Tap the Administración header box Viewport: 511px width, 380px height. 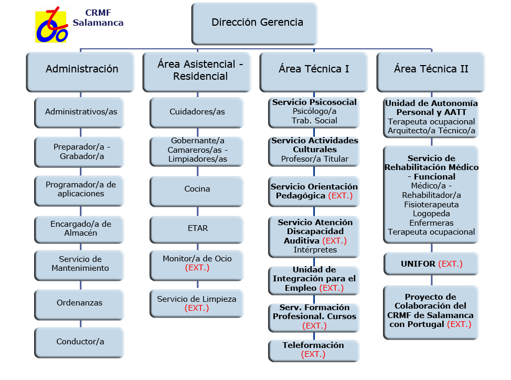point(81,70)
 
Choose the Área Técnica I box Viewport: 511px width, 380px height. point(314,70)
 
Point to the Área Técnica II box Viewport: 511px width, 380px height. point(431,70)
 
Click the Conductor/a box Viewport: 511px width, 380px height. point(80,342)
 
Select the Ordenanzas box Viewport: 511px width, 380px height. point(80,303)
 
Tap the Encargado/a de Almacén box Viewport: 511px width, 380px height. point(80,228)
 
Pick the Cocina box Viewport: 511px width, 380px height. point(197,189)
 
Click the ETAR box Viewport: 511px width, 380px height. point(197,228)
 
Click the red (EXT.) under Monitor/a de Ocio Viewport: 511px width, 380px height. point(197,268)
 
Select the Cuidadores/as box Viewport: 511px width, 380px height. point(197,112)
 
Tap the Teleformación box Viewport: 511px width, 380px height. point(314,350)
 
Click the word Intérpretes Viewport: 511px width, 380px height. point(315,250)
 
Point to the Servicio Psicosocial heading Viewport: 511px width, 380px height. point(314,102)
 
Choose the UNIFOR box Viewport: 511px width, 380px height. point(431,263)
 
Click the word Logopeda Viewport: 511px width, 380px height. point(431,214)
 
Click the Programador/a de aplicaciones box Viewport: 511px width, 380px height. point(80,189)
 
